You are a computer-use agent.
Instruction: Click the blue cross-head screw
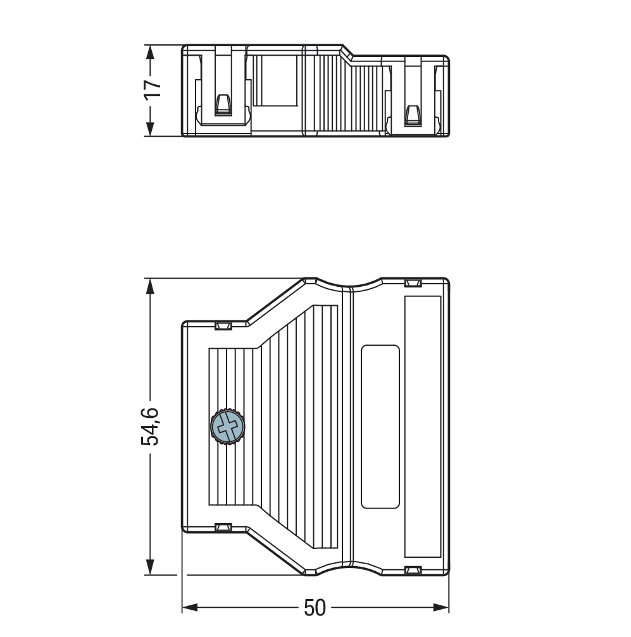click(x=227, y=427)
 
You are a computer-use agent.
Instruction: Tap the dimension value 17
click(x=153, y=89)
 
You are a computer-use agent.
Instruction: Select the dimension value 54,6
click(x=150, y=426)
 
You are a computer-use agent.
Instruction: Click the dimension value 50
click(x=315, y=608)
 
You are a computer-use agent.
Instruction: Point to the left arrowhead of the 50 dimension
click(x=190, y=608)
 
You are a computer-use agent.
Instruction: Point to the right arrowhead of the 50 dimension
click(x=441, y=608)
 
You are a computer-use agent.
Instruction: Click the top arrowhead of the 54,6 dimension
click(x=150, y=286)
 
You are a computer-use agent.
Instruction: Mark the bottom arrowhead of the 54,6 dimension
click(x=150, y=567)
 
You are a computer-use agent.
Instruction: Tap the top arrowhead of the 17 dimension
click(x=150, y=53)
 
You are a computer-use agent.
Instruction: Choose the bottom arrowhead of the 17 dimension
click(x=150, y=129)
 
